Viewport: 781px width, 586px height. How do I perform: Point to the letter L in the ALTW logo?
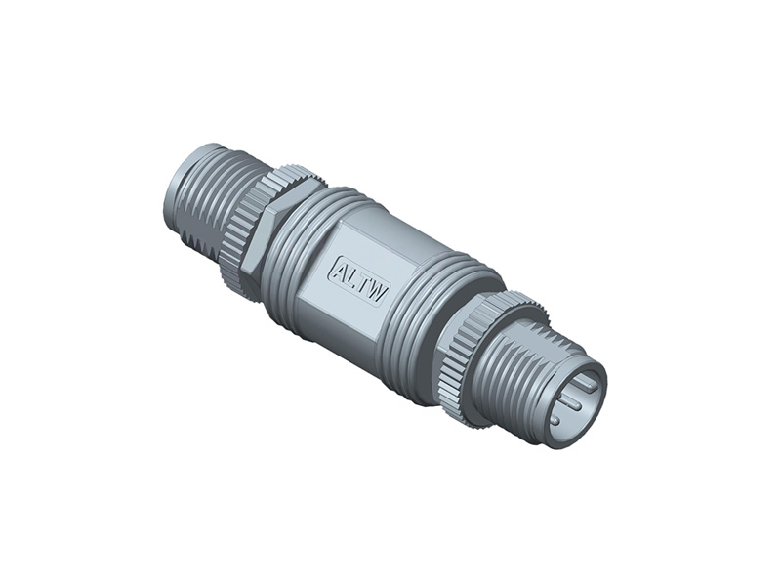click(x=354, y=276)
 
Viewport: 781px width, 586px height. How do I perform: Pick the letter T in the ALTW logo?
click(x=365, y=283)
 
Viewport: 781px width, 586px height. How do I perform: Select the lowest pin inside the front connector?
click(x=555, y=418)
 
